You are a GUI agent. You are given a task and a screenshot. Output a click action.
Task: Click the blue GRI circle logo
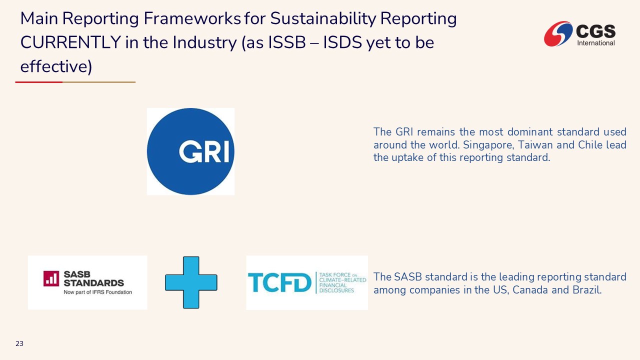pos(190,151)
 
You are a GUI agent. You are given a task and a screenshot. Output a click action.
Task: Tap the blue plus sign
pos(191,282)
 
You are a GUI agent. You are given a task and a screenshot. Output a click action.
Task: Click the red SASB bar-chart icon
pos(51,278)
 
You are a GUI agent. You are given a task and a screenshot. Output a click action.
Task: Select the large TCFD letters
pos(279,282)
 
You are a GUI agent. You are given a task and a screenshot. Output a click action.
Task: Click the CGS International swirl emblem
pos(558,33)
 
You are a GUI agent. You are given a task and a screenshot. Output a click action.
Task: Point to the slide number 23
pos(19,343)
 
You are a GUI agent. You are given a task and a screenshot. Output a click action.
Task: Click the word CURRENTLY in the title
pos(70,42)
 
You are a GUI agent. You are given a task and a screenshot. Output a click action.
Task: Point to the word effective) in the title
pos(56,66)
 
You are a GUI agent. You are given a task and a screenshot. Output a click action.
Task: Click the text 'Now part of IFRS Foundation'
pos(97,292)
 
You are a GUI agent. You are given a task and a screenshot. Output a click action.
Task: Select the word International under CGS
pos(596,43)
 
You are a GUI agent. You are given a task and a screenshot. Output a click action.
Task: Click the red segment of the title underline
pos(39,82)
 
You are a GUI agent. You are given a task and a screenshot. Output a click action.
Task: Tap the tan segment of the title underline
pos(99,82)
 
